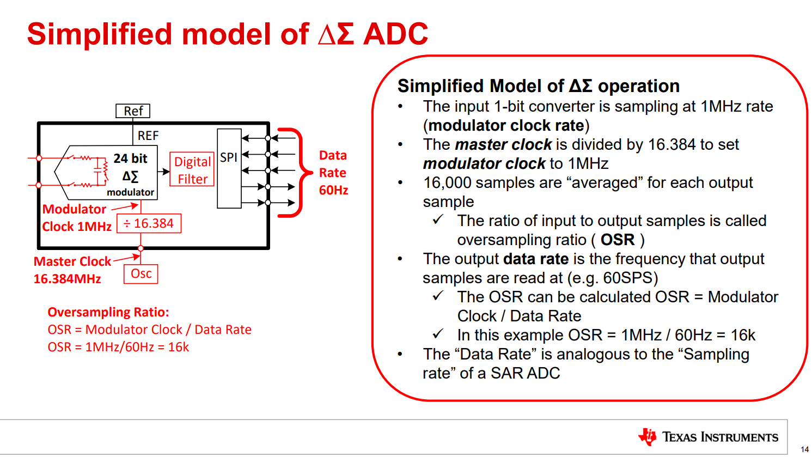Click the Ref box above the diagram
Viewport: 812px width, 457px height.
[133, 111]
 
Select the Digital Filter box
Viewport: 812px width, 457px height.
[192, 170]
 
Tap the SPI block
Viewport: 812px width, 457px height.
[229, 168]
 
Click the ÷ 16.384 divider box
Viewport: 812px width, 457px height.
[149, 223]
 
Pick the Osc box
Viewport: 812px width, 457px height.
[141, 273]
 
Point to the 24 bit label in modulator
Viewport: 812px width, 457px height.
[130, 159]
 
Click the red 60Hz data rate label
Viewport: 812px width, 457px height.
[333, 190]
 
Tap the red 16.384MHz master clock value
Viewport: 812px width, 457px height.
[68, 279]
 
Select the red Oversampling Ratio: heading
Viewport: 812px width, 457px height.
[108, 312]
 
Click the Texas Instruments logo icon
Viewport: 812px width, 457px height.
[648, 437]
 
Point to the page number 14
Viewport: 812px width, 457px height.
[804, 449]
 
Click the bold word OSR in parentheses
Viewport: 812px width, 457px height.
[618, 240]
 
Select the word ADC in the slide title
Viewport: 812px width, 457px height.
[395, 34]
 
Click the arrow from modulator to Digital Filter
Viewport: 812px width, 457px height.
[163, 172]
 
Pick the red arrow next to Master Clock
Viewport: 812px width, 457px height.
[127, 258]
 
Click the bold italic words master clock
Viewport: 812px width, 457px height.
[503, 144]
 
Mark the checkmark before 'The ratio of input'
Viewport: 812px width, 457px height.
[438, 220]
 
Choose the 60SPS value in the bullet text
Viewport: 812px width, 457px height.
[627, 278]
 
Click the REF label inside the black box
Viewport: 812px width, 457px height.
[148, 136]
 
